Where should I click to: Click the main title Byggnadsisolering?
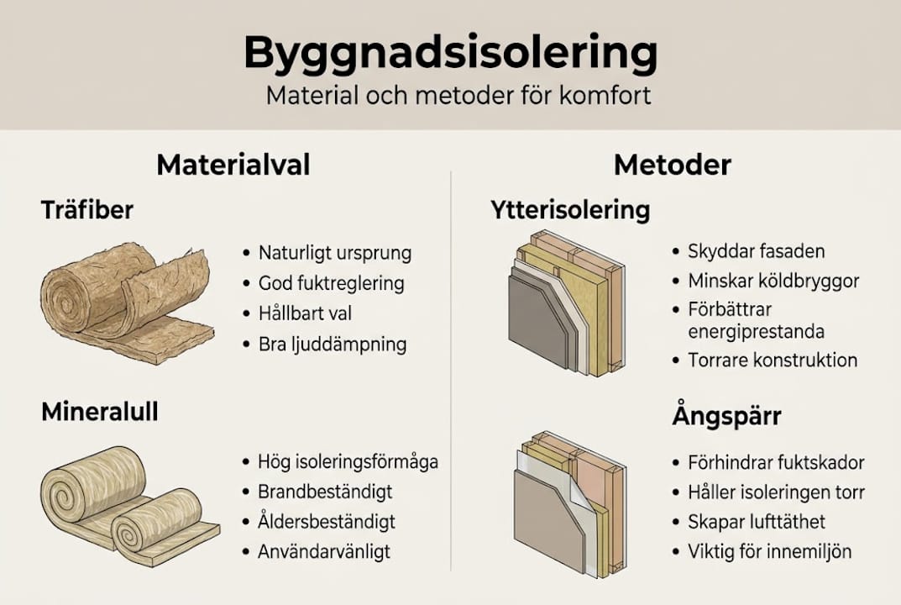point(450,54)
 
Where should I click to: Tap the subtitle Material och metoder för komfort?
point(458,94)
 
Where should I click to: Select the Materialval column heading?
point(233,165)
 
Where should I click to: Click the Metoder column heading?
point(672,165)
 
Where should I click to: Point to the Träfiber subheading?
point(86,210)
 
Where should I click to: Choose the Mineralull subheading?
point(99,413)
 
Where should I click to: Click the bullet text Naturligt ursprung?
point(335,253)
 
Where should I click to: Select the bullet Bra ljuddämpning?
point(333,344)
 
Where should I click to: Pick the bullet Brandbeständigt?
point(325,492)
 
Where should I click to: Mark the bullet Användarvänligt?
point(324,552)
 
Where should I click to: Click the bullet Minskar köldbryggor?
point(773,281)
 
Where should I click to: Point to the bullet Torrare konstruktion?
point(773,360)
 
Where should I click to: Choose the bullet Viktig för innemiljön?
point(769,552)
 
